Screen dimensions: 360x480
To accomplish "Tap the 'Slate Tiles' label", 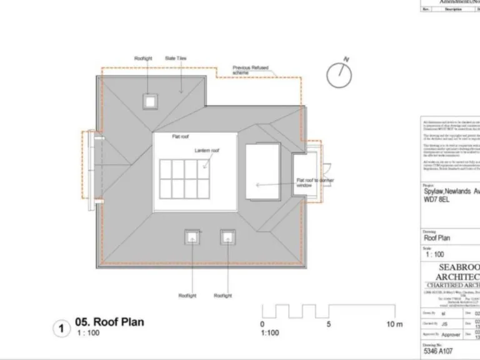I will [x=176, y=59].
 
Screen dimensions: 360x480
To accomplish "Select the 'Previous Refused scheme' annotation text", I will [x=246, y=70].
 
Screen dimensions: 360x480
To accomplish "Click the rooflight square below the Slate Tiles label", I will [x=149, y=100].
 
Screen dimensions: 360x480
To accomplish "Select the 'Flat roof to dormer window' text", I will [x=315, y=183].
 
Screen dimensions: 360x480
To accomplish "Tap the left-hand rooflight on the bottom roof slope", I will [x=192, y=237].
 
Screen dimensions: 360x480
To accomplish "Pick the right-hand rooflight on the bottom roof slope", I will [x=227, y=237].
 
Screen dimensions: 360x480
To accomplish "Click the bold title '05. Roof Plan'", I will [x=109, y=322].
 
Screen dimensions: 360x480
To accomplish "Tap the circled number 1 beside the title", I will [x=61, y=329].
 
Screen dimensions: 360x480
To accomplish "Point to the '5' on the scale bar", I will [x=328, y=324].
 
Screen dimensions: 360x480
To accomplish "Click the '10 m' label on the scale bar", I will [x=394, y=324].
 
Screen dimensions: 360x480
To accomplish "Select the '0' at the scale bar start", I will [x=262, y=324].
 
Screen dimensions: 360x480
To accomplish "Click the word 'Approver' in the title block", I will [x=451, y=335].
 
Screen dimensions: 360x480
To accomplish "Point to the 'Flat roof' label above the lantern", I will [x=182, y=136].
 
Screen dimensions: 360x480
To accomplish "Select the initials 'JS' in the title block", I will [x=444, y=324].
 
